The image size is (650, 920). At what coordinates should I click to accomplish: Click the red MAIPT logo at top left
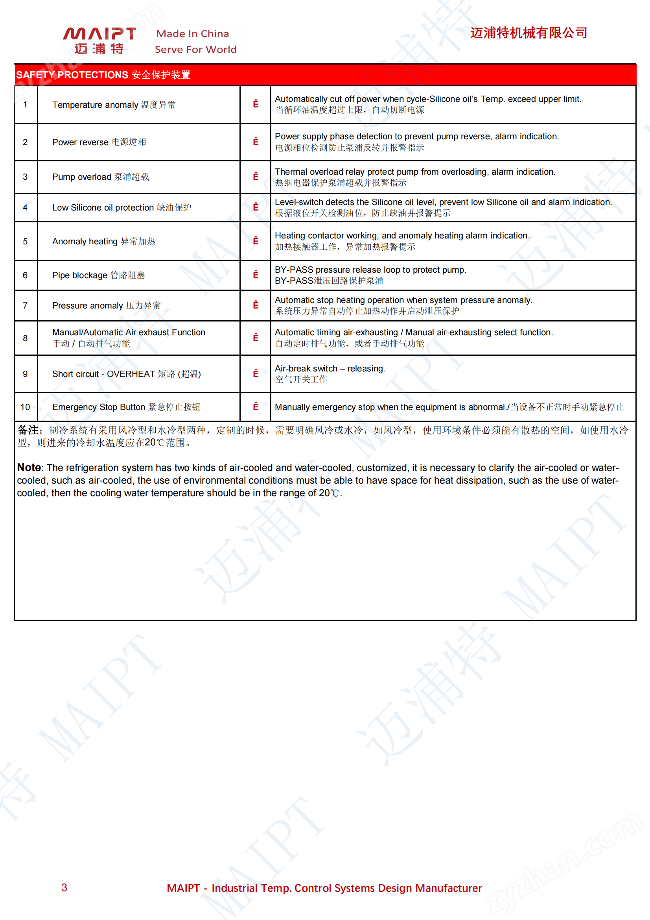(x=99, y=40)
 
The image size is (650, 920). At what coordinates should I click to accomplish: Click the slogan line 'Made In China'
(x=192, y=34)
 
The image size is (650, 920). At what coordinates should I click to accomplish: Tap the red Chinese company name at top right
(x=528, y=33)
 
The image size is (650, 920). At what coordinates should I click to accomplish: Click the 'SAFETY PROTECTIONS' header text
(x=72, y=75)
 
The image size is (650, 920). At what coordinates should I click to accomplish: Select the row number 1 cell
(x=25, y=105)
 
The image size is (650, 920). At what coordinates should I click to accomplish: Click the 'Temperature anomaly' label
(x=95, y=105)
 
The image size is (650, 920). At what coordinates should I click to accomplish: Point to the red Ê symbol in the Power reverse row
(x=256, y=142)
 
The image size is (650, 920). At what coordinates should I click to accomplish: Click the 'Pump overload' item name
(x=82, y=177)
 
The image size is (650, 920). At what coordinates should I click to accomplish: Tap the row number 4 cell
(x=25, y=207)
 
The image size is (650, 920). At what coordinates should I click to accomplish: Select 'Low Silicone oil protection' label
(x=103, y=207)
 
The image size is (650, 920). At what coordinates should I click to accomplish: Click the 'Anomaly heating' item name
(x=85, y=242)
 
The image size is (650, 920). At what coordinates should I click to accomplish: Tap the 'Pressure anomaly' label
(x=87, y=306)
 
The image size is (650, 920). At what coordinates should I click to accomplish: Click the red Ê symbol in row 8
(x=256, y=338)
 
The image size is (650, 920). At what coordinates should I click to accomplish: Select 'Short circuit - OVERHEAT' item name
(x=103, y=374)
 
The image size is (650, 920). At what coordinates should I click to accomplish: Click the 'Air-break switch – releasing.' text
(x=330, y=369)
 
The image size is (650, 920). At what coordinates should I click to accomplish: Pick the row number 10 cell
(x=25, y=407)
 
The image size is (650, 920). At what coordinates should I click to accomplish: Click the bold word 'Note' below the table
(x=29, y=467)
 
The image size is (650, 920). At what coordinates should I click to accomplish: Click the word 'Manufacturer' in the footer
(x=448, y=889)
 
